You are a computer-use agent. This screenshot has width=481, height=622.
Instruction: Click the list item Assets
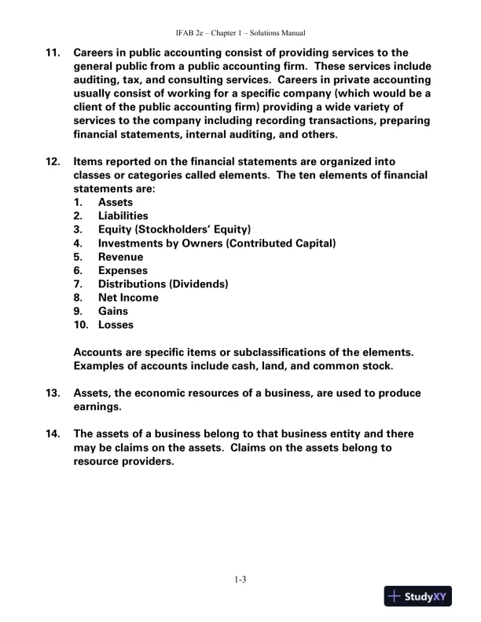116,202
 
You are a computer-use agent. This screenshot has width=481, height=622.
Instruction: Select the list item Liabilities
123,216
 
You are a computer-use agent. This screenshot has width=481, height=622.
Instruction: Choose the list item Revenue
120,257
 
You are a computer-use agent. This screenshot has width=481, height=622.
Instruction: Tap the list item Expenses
123,270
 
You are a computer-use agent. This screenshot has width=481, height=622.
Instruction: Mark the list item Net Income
128,298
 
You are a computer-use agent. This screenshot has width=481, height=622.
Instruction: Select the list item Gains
113,311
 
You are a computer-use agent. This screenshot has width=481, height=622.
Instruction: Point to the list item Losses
116,325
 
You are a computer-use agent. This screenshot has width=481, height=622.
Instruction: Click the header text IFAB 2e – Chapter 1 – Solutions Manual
240,33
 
